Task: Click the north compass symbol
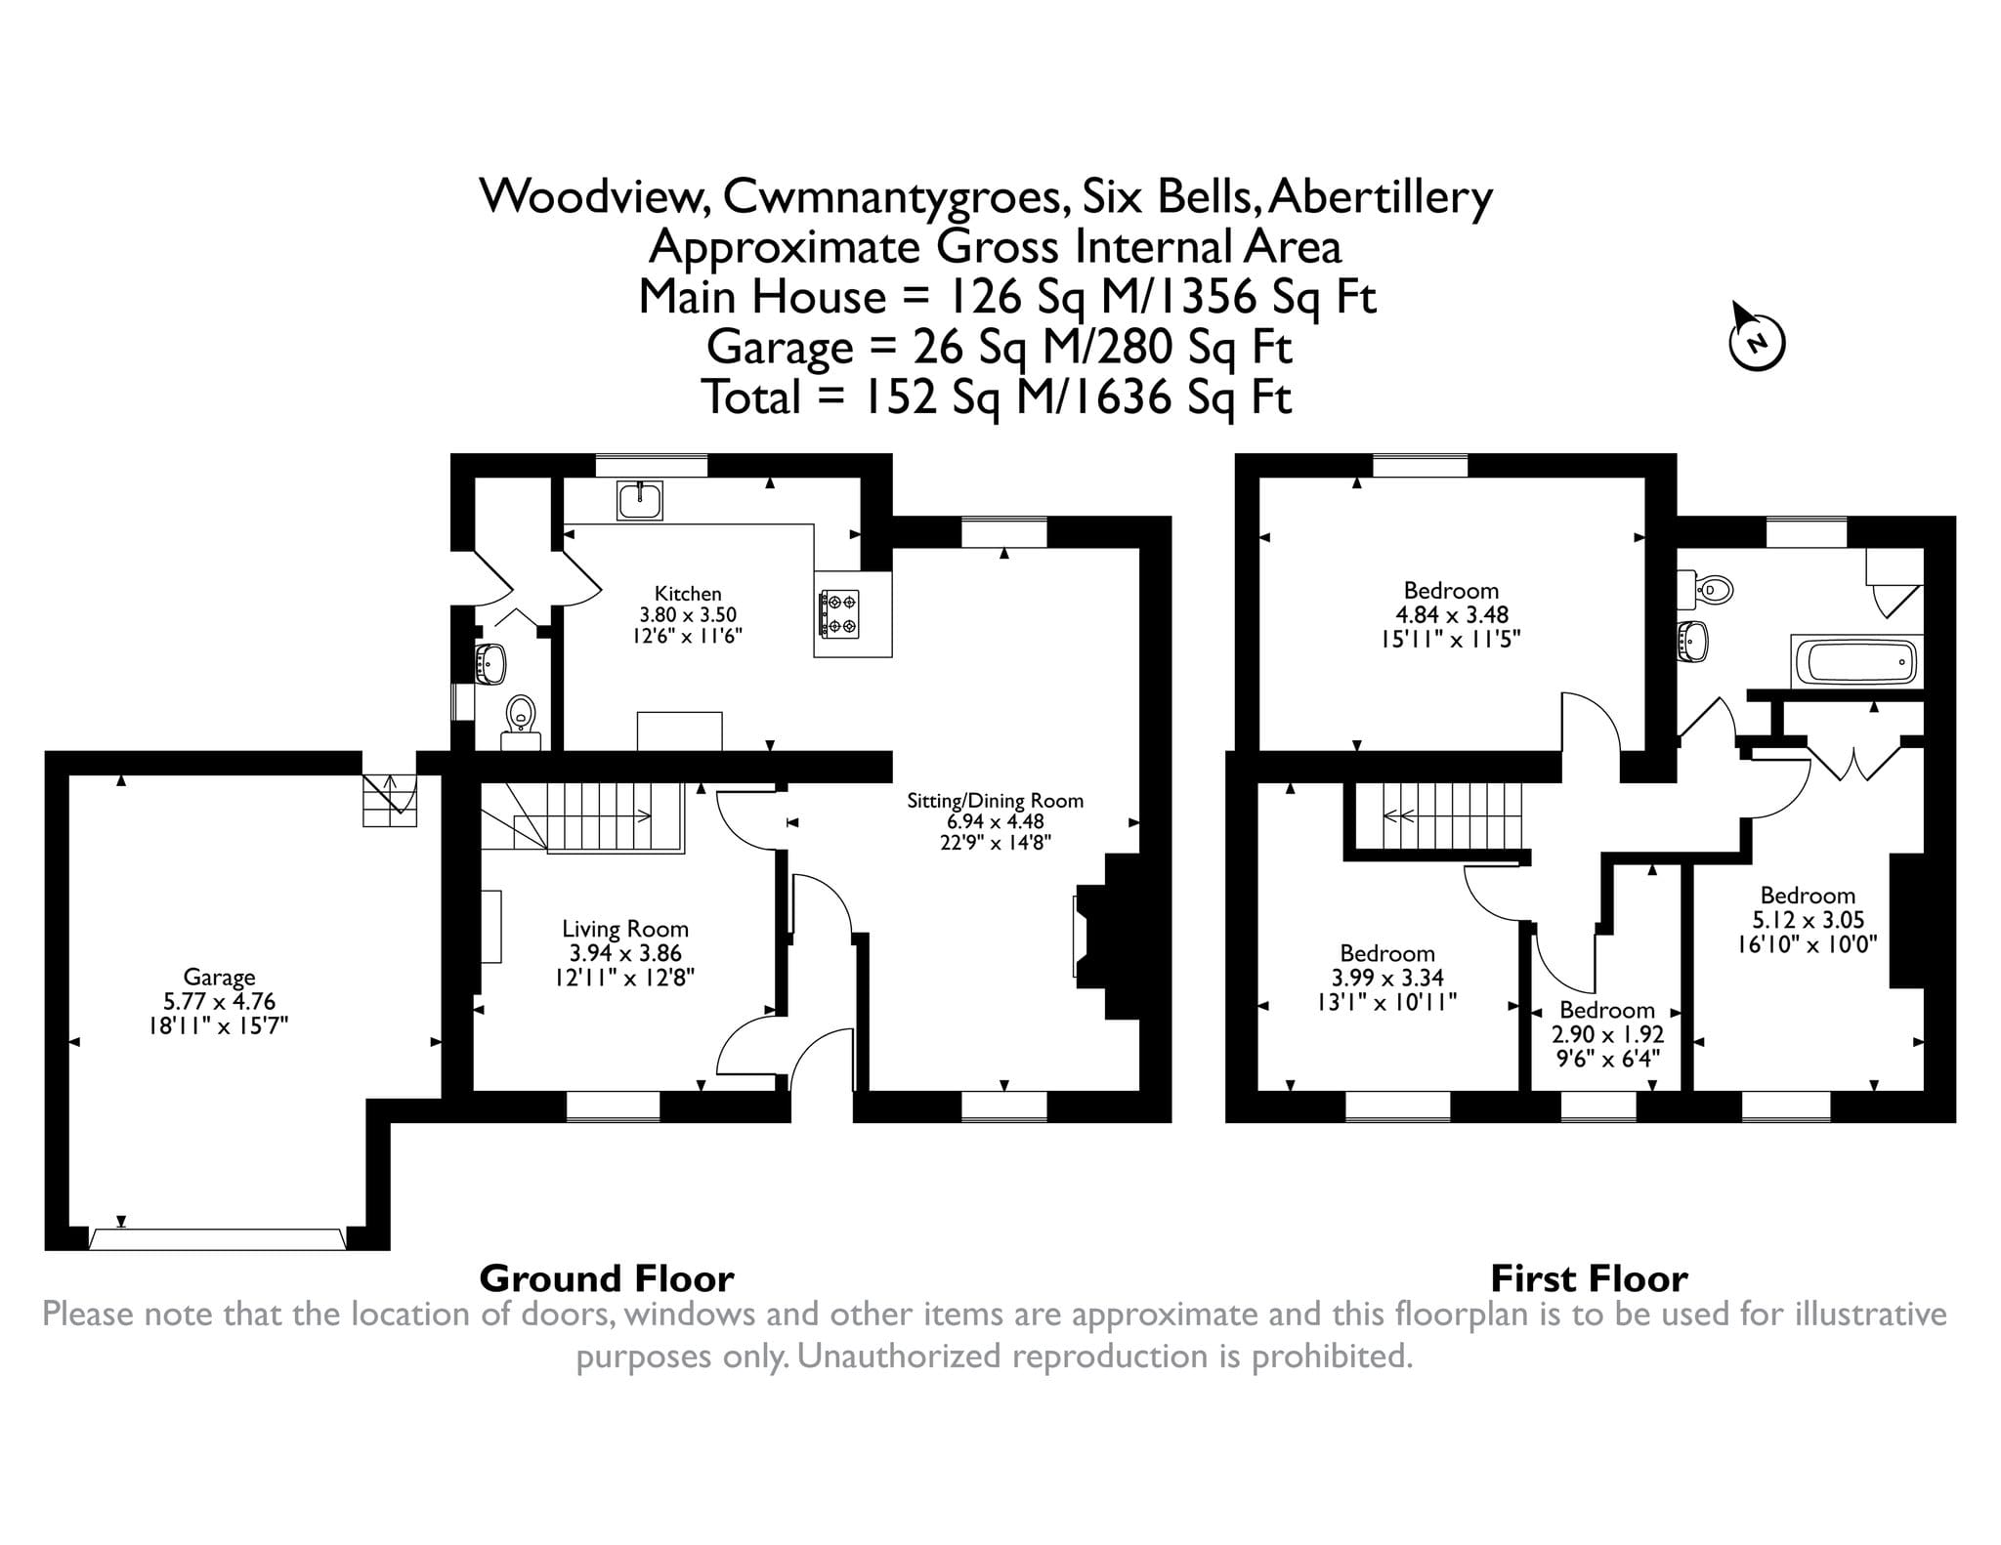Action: point(1757,342)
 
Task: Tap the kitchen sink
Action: point(640,500)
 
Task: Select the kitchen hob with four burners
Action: point(838,613)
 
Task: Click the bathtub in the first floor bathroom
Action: point(1856,662)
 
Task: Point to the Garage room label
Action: point(219,977)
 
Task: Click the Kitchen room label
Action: point(688,594)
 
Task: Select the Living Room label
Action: point(625,929)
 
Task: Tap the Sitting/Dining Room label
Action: point(996,801)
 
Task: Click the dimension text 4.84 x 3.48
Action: point(1452,615)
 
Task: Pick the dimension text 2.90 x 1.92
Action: point(1607,1034)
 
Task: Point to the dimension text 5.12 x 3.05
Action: point(1808,920)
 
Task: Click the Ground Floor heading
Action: point(607,1278)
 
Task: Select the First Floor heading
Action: point(1589,1278)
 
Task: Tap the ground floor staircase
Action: point(581,816)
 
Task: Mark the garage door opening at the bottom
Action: point(217,1239)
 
